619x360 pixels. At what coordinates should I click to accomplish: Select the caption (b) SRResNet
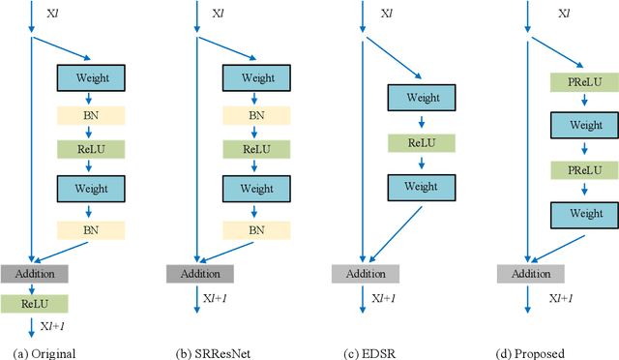click(206, 352)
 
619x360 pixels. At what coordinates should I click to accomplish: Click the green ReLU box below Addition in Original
click(34, 304)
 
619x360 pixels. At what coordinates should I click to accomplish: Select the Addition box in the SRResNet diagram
click(199, 274)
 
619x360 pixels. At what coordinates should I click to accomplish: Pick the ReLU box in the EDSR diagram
click(421, 143)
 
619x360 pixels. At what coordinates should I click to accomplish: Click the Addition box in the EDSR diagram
click(366, 274)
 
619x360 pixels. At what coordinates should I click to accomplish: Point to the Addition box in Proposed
click(530, 274)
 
